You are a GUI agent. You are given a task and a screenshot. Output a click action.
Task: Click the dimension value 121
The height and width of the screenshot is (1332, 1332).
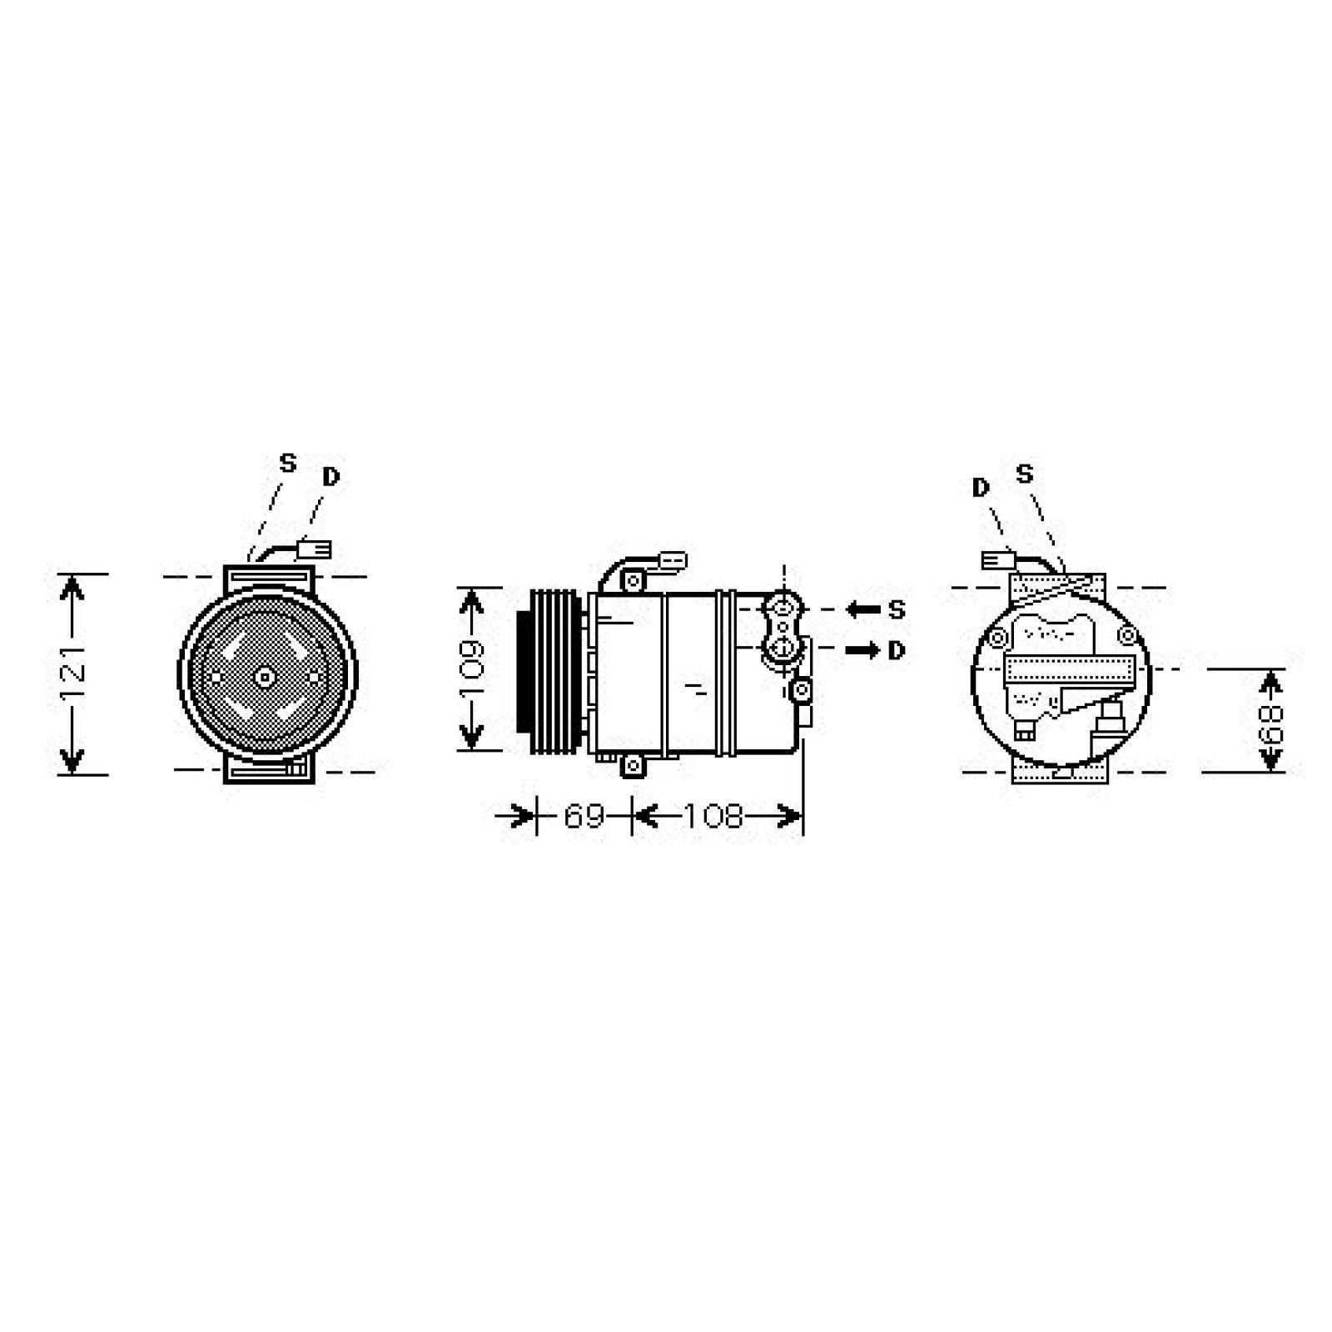pyautogui.click(x=74, y=673)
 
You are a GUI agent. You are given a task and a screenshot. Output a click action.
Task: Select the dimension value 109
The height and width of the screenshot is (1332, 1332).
pyautogui.click(x=472, y=668)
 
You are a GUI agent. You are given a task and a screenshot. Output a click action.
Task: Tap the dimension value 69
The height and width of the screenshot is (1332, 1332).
pyautogui.click(x=584, y=816)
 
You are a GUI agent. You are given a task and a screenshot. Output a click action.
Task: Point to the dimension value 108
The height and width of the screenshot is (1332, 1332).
pyautogui.click(x=713, y=816)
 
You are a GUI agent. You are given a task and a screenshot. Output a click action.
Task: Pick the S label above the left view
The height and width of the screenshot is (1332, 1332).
pyautogui.click(x=287, y=463)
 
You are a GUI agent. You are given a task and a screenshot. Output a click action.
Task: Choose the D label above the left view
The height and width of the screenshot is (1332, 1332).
pyautogui.click(x=331, y=477)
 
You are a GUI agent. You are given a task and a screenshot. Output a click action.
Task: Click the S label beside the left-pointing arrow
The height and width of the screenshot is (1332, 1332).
pyautogui.click(x=896, y=610)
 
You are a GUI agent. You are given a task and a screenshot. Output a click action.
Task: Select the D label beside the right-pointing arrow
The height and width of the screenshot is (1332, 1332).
pyautogui.click(x=896, y=650)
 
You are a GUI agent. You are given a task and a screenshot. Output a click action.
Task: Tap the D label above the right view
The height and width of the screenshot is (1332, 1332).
pyautogui.click(x=981, y=488)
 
